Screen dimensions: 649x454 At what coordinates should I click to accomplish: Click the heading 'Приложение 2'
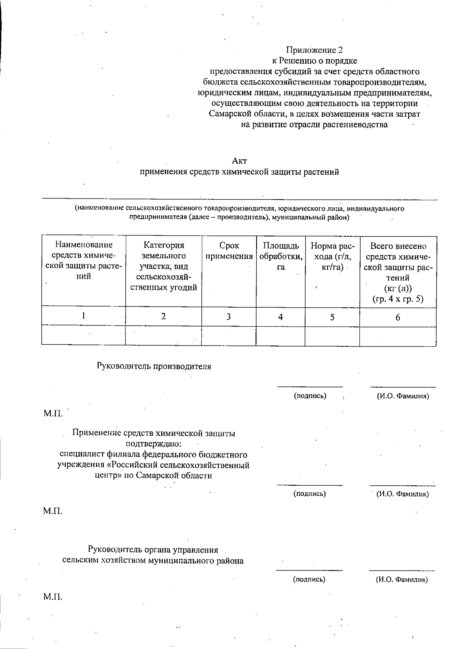[x=314, y=50]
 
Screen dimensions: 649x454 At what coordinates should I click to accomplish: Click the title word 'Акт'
[x=239, y=161]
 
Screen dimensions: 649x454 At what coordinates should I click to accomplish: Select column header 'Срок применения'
[x=229, y=251]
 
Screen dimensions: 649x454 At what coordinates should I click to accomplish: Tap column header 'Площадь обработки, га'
[x=280, y=256]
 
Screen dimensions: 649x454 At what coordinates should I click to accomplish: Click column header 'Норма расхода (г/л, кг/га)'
[x=332, y=256]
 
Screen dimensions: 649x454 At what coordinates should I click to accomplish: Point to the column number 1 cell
[x=83, y=315]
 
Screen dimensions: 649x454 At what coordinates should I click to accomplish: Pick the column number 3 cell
[x=229, y=317]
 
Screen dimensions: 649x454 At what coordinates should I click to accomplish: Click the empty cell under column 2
[x=163, y=336]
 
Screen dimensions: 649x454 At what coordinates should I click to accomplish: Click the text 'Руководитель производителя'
[x=154, y=366]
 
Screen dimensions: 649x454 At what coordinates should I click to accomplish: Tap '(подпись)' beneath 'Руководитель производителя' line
[x=310, y=396]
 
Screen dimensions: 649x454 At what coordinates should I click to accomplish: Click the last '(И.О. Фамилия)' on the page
[x=402, y=579]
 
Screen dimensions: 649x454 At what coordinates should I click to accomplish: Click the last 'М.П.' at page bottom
[x=53, y=597]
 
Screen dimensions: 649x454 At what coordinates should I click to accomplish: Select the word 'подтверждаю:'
[x=153, y=444]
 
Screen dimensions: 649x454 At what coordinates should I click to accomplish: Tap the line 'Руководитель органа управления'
[x=153, y=549]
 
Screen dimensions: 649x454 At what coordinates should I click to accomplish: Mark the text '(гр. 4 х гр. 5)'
[x=398, y=299]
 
